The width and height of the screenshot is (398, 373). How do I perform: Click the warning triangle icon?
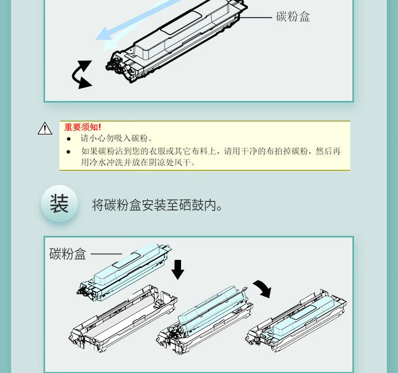(x=45, y=129)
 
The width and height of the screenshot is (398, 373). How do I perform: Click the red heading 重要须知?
(x=82, y=127)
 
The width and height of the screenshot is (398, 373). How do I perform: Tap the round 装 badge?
(x=59, y=204)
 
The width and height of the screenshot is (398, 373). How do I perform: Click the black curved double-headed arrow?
(x=81, y=75)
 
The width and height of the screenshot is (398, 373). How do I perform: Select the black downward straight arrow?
(x=178, y=269)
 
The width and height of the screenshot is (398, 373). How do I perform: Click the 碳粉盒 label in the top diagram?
(x=293, y=17)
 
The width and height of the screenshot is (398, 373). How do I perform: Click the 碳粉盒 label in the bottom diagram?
(x=68, y=254)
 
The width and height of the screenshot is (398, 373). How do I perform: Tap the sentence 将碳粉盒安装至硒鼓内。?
(x=157, y=205)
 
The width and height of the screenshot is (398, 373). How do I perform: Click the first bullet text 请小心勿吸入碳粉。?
(x=117, y=139)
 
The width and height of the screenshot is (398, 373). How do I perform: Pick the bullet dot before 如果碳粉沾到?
(x=68, y=152)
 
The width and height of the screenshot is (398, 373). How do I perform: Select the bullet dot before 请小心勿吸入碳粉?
(x=68, y=139)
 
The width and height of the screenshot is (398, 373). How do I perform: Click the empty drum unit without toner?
(x=123, y=319)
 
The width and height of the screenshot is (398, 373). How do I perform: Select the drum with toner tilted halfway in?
(x=205, y=320)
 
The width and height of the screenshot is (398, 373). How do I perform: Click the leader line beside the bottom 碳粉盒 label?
(x=106, y=253)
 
